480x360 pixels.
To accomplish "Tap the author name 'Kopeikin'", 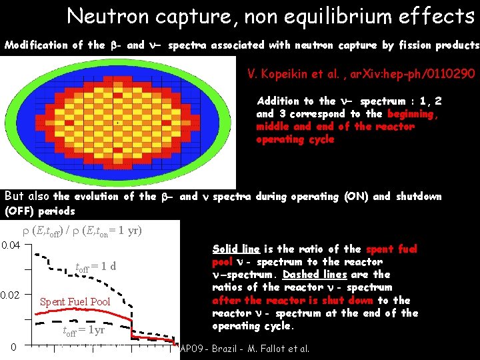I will (291, 73).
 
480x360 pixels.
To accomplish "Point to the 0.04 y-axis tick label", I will (11, 245).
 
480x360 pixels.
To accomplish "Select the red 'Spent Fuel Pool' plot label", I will (75, 302).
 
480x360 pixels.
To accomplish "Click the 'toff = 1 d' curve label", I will (95, 267).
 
